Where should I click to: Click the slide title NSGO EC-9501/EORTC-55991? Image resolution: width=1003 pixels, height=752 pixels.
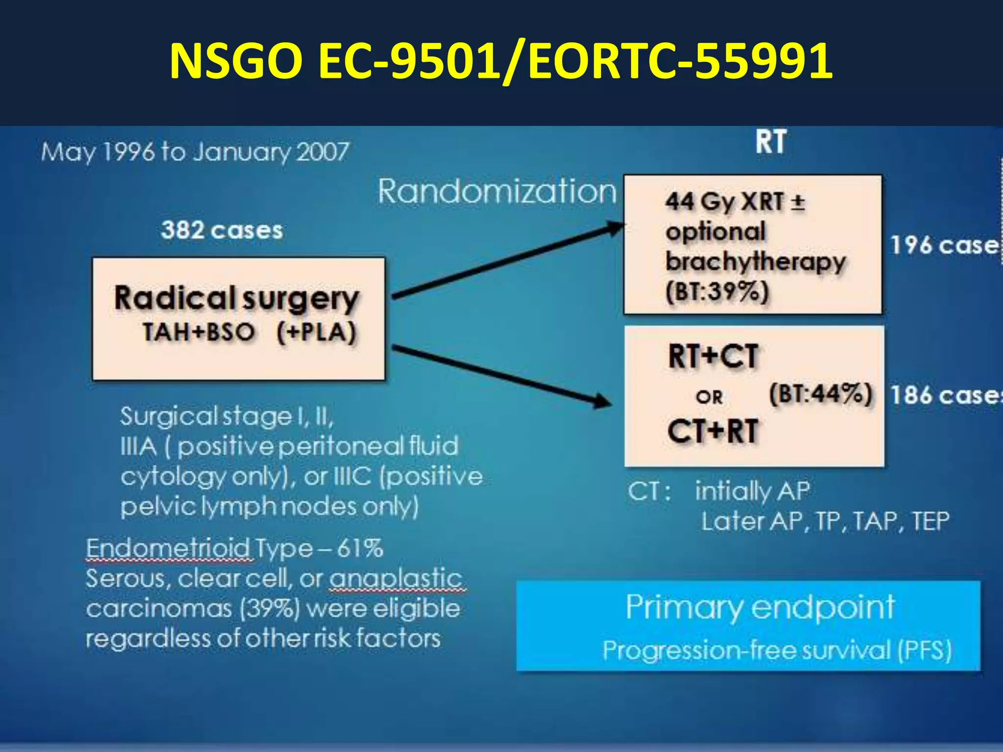coord(501,61)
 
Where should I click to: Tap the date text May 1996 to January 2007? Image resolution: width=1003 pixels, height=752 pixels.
coord(195,152)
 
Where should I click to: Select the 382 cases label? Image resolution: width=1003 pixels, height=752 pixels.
coord(222,230)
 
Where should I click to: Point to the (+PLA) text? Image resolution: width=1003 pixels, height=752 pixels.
coord(316,332)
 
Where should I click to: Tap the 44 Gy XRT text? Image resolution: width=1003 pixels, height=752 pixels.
coord(725,201)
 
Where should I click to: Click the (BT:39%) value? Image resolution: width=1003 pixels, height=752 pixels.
coord(717,292)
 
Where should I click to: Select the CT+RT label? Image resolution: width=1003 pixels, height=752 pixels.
coord(713,431)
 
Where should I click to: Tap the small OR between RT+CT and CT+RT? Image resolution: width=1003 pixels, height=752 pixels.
coord(709,397)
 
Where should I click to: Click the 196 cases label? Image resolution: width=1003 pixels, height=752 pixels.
coord(943,245)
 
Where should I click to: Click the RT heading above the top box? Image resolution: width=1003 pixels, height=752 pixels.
coord(770,142)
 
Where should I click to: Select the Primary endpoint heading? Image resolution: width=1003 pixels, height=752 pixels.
coord(760,607)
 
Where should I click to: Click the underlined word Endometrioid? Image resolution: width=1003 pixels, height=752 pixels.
coord(169,548)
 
